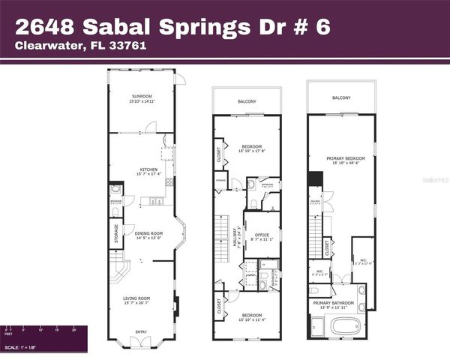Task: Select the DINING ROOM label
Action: tap(148, 234)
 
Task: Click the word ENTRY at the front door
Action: tap(141, 331)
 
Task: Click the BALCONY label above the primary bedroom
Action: tap(341, 97)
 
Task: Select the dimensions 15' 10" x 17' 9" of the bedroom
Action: tap(251, 150)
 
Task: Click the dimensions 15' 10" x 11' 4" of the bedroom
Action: tap(251, 319)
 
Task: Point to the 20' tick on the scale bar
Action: tap(73, 328)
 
